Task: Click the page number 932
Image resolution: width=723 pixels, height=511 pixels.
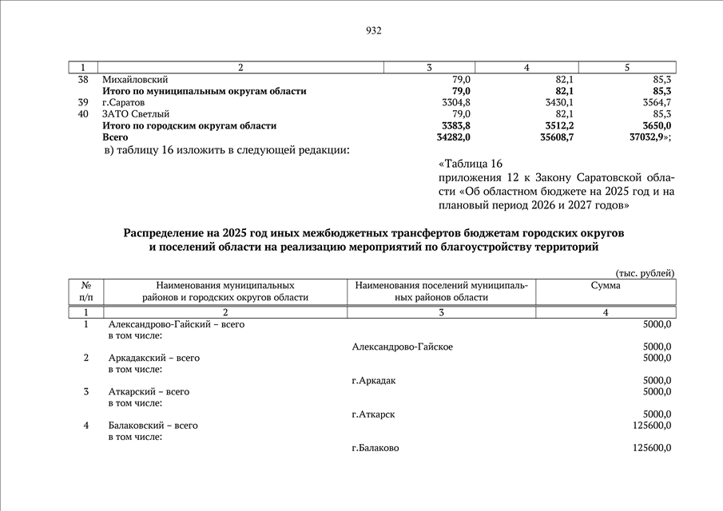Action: tap(374, 31)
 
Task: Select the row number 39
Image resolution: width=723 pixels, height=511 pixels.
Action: tap(83, 103)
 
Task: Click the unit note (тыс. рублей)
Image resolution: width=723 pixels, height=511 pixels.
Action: tap(645, 273)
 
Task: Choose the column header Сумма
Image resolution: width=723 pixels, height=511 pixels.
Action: tap(606, 285)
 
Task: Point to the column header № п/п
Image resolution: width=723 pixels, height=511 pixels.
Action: tap(85, 291)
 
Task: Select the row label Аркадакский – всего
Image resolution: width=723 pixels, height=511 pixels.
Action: tap(153, 358)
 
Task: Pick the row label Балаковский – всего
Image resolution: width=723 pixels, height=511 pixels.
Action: tap(153, 426)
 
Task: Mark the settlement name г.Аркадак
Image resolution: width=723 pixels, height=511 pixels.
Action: tap(374, 380)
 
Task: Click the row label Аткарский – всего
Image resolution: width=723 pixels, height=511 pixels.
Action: tap(149, 392)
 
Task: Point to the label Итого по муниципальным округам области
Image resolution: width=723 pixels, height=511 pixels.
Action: tap(204, 92)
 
